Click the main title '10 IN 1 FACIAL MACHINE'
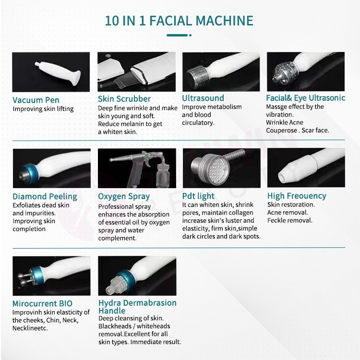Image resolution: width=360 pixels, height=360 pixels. coord(179,21)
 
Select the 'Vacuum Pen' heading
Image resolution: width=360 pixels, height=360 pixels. coord(36,100)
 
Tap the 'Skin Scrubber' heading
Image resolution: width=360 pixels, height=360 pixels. coord(124,99)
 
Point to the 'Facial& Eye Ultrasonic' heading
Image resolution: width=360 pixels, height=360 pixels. coord(306,98)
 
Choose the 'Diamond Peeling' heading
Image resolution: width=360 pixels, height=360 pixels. coord(45,196)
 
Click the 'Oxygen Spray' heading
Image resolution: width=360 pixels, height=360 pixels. coord(124,196)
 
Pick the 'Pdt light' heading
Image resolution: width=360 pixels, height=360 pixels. coord(198,196)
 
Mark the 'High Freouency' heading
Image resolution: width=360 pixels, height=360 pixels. coord(297,196)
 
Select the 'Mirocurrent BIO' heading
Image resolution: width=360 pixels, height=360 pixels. coord(42,303)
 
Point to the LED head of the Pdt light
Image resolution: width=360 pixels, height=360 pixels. coord(216,169)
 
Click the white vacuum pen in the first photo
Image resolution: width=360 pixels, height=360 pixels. coord(58,72)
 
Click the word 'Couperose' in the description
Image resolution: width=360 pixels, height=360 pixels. coord(281,131)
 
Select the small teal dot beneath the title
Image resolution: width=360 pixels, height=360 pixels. coord(190,35)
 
